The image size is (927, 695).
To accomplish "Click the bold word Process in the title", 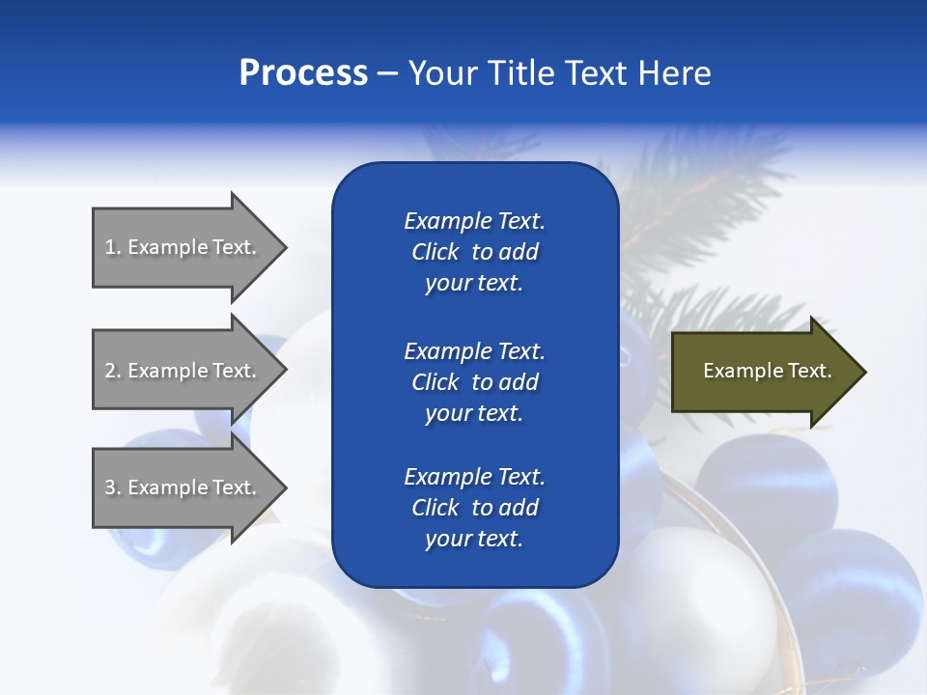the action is tap(303, 73).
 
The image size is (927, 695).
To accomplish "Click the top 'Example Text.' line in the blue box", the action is tap(474, 221).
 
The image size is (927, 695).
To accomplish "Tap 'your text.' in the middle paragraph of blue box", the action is tap(474, 413).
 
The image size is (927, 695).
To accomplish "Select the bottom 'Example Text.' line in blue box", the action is tap(474, 477).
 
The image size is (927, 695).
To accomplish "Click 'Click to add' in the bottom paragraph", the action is tap(474, 508).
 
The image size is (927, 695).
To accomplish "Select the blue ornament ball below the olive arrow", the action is tap(768, 483).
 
